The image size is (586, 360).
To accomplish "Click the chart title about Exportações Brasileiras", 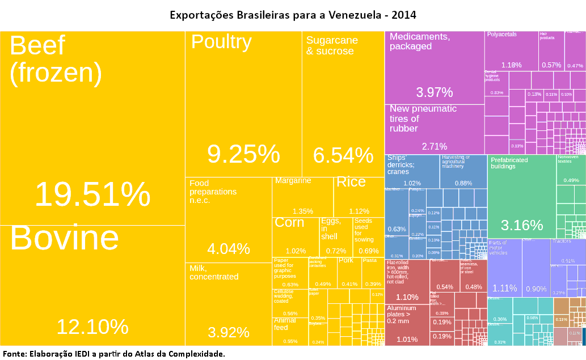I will pos(293,14).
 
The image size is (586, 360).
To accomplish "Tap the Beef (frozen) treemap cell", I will pos(92,128).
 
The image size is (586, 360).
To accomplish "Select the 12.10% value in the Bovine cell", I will pos(92,327).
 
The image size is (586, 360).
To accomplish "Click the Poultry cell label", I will pos(221,42).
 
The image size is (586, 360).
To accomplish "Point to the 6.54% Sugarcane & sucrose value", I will pos(343,155).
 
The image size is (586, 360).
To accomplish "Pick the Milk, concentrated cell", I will pos(228,303).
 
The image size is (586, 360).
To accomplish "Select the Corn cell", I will pos(296,236).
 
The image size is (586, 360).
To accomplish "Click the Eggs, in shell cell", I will pos(335,236).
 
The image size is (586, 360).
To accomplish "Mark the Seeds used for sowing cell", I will pos(368,236).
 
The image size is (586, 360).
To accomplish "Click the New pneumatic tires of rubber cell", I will pos(434,128).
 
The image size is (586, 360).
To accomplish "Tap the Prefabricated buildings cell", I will pos(521,196).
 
